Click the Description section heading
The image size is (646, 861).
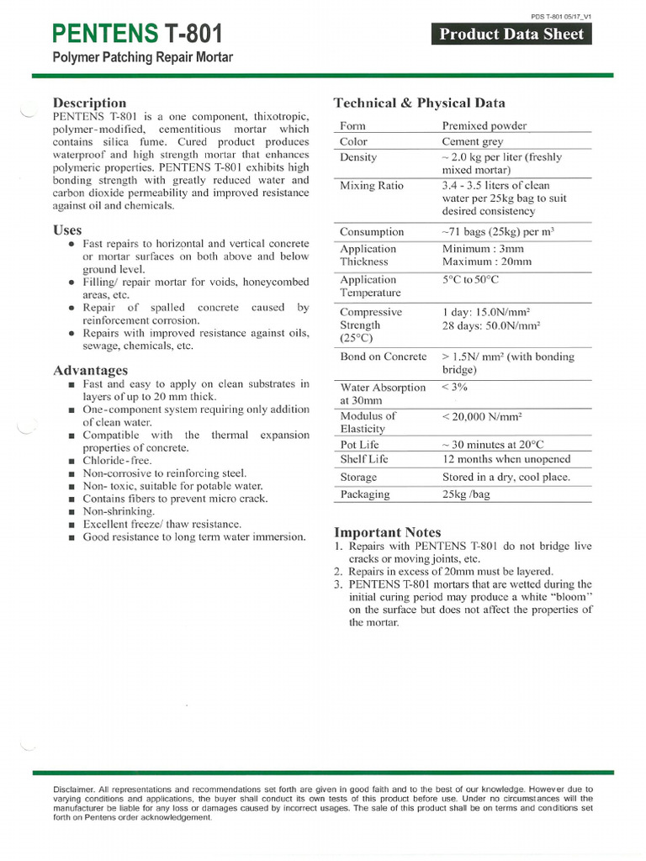pos(89,103)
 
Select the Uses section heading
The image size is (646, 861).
pos(67,230)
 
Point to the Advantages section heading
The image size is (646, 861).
pos(90,370)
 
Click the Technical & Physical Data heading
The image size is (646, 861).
pos(420,103)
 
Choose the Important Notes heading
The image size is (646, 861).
pos(387,532)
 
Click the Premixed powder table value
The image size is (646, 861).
pos(484,125)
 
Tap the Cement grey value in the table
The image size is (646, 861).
pos(473,141)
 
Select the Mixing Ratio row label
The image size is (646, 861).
pos(371,185)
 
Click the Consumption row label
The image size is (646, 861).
pos(372,231)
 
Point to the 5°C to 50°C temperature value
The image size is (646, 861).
pos(469,279)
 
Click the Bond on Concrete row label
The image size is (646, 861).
pos(383,357)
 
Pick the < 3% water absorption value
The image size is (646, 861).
pos(454,387)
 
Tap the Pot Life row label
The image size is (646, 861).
pos(359,444)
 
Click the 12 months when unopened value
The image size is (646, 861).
pos(506,459)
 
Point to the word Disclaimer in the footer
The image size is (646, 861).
pos(74,790)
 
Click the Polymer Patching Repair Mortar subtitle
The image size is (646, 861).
pos(142,58)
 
